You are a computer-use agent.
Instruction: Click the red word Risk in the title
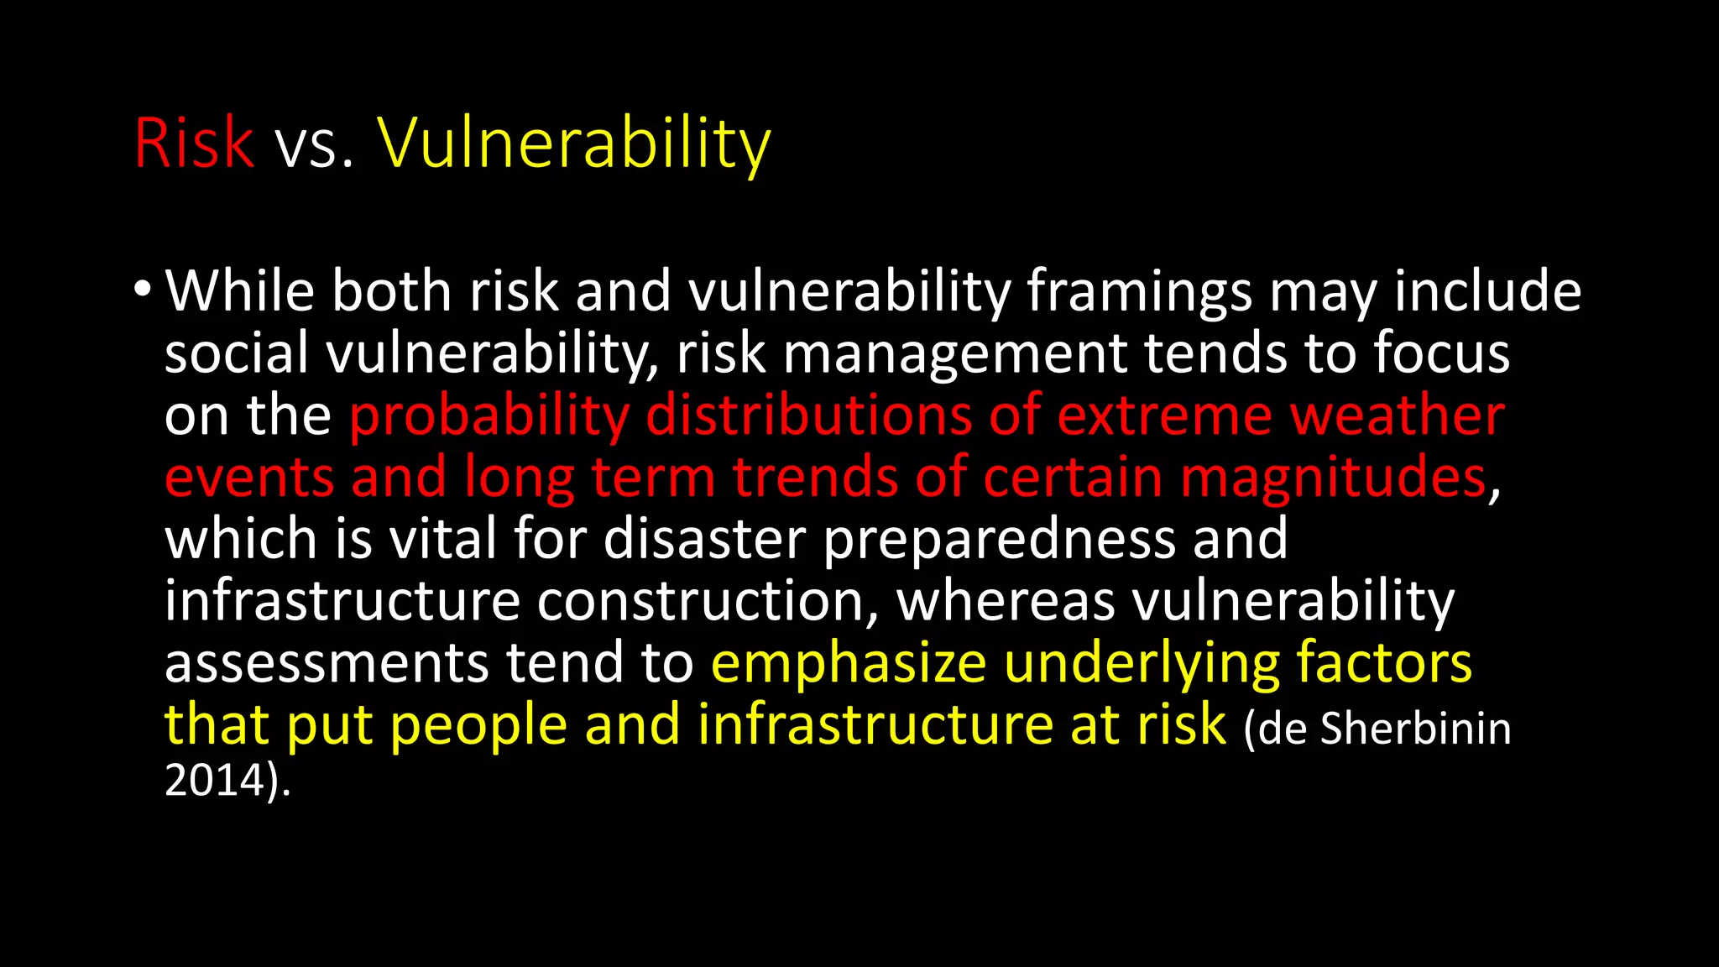click(x=194, y=143)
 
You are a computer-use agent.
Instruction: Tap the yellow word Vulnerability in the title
click(x=574, y=144)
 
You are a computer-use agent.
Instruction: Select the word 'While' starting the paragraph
click(x=239, y=290)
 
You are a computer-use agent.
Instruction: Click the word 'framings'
click(x=1139, y=292)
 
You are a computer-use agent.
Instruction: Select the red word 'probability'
click(x=489, y=416)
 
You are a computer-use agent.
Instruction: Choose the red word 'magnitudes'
click(x=1333, y=478)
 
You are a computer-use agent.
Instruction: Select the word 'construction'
click(x=707, y=600)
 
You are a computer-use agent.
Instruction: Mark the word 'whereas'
click(x=1006, y=600)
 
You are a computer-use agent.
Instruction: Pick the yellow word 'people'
click(x=478, y=726)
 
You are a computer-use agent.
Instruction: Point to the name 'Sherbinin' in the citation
click(x=1415, y=728)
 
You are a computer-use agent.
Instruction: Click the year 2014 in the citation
click(x=214, y=781)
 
